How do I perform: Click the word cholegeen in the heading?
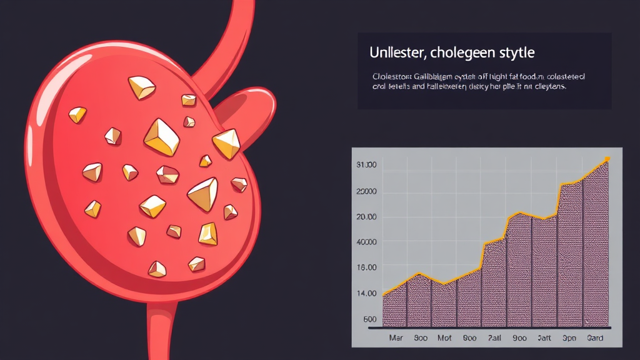(464, 52)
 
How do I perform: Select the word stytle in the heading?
(514, 52)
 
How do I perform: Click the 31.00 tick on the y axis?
(366, 165)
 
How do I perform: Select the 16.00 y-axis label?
(366, 267)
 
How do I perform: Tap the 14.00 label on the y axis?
(366, 293)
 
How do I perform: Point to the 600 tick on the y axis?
(369, 319)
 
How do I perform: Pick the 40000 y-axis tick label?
(366, 242)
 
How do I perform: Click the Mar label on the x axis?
(396, 338)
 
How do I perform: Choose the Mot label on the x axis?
(444, 338)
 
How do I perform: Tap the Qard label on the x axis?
(595, 338)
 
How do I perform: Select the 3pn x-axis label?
(569, 338)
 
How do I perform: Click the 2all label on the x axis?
(494, 338)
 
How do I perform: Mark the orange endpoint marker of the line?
(607, 159)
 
